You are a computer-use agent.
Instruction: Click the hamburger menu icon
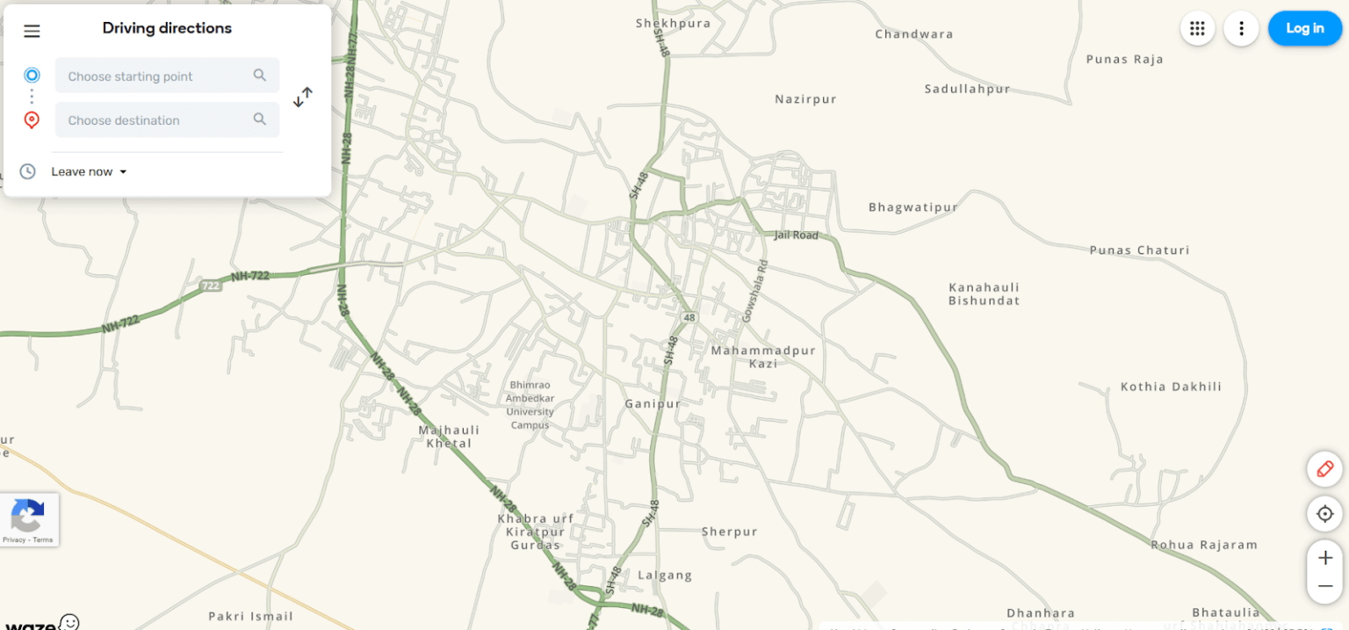[x=32, y=32]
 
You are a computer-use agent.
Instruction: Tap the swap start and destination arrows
[x=303, y=97]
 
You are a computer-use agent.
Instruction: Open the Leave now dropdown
[x=89, y=171]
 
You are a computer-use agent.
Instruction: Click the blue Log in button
[x=1304, y=28]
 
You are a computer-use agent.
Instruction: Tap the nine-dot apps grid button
[x=1197, y=28]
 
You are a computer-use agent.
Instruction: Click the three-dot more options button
[x=1241, y=28]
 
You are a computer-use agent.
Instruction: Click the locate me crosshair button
[x=1324, y=513]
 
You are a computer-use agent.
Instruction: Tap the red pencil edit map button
[x=1324, y=469]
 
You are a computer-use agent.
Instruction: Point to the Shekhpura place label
[x=673, y=24]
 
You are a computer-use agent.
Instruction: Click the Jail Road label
[x=796, y=235]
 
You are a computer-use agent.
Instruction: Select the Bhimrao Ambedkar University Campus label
[x=530, y=405]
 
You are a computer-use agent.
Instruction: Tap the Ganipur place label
[x=653, y=404]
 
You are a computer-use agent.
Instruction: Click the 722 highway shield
[x=211, y=286]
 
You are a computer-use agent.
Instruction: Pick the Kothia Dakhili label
[x=1171, y=387]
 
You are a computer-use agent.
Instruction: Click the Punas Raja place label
[x=1124, y=60]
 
